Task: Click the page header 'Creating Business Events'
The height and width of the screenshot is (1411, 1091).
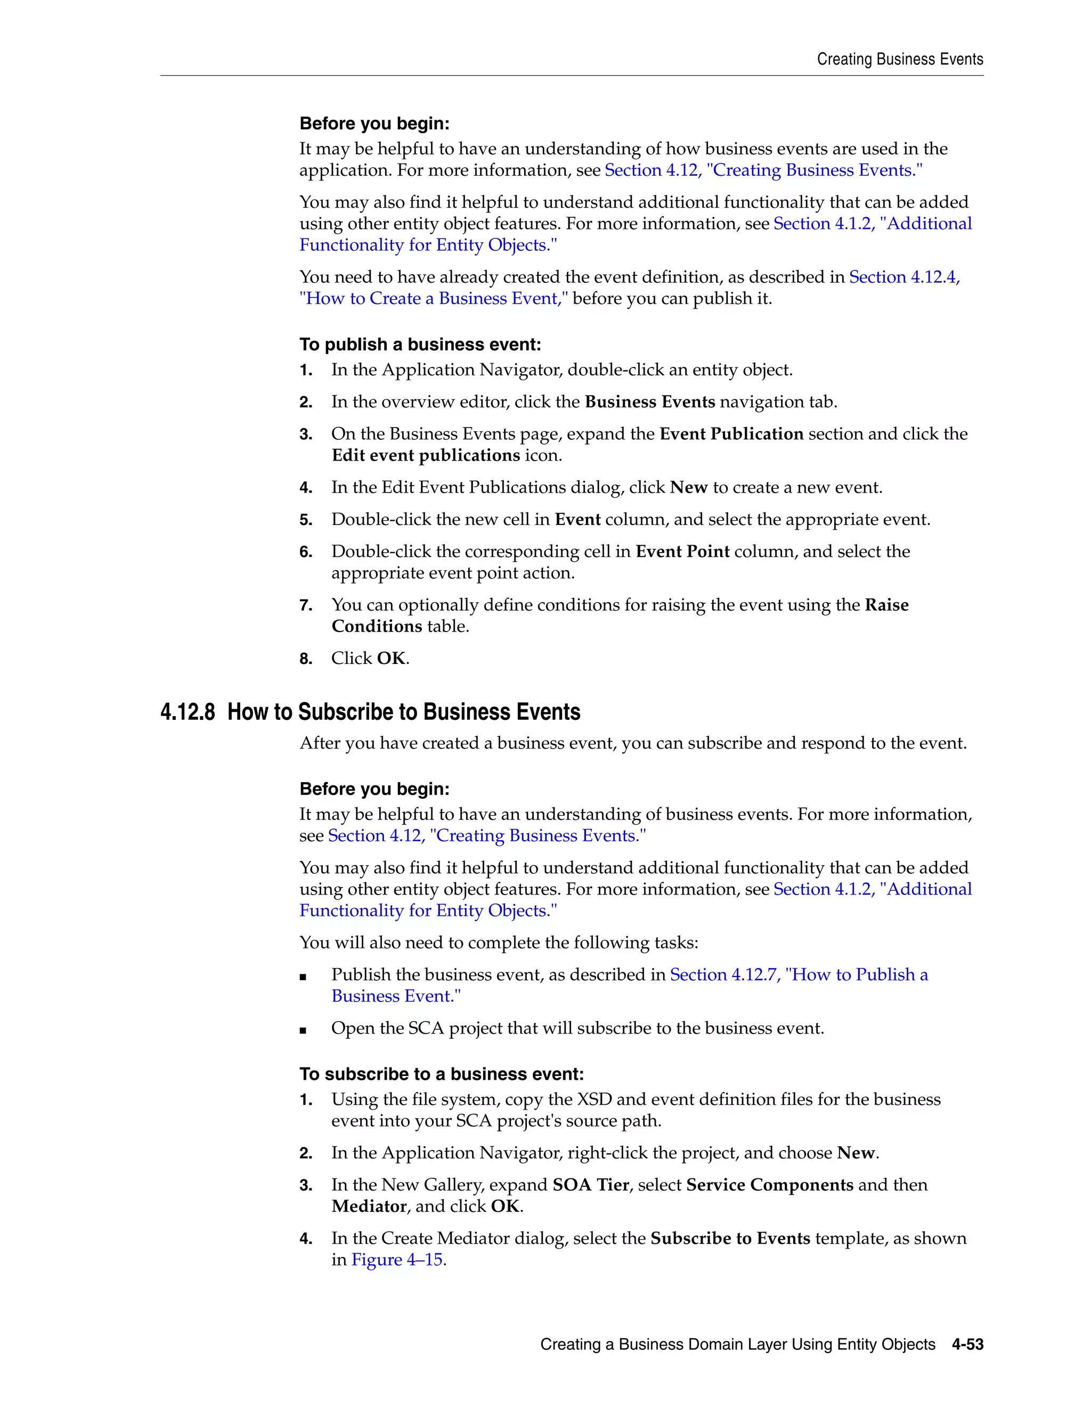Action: pos(900,60)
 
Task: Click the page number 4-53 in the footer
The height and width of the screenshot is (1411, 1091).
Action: pos(967,1344)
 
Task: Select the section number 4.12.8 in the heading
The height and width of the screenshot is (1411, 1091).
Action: pos(188,712)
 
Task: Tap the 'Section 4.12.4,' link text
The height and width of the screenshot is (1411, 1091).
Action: pos(904,277)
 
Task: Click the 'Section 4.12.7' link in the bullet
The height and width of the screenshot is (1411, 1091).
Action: pos(724,975)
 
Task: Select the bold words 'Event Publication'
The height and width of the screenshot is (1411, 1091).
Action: pos(731,434)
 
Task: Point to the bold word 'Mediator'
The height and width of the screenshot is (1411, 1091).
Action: pos(369,1206)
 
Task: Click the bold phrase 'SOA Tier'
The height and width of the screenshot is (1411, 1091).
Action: pos(591,1185)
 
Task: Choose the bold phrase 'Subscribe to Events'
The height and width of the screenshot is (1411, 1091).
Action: pos(730,1238)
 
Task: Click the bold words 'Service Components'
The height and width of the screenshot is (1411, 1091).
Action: pos(769,1185)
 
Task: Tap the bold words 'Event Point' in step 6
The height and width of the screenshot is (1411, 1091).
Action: pos(682,552)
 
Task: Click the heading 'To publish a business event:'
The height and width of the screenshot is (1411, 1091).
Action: pos(420,345)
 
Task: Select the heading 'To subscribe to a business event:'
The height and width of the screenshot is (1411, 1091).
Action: pos(442,1074)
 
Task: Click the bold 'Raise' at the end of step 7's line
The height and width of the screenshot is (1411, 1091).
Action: pos(887,605)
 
